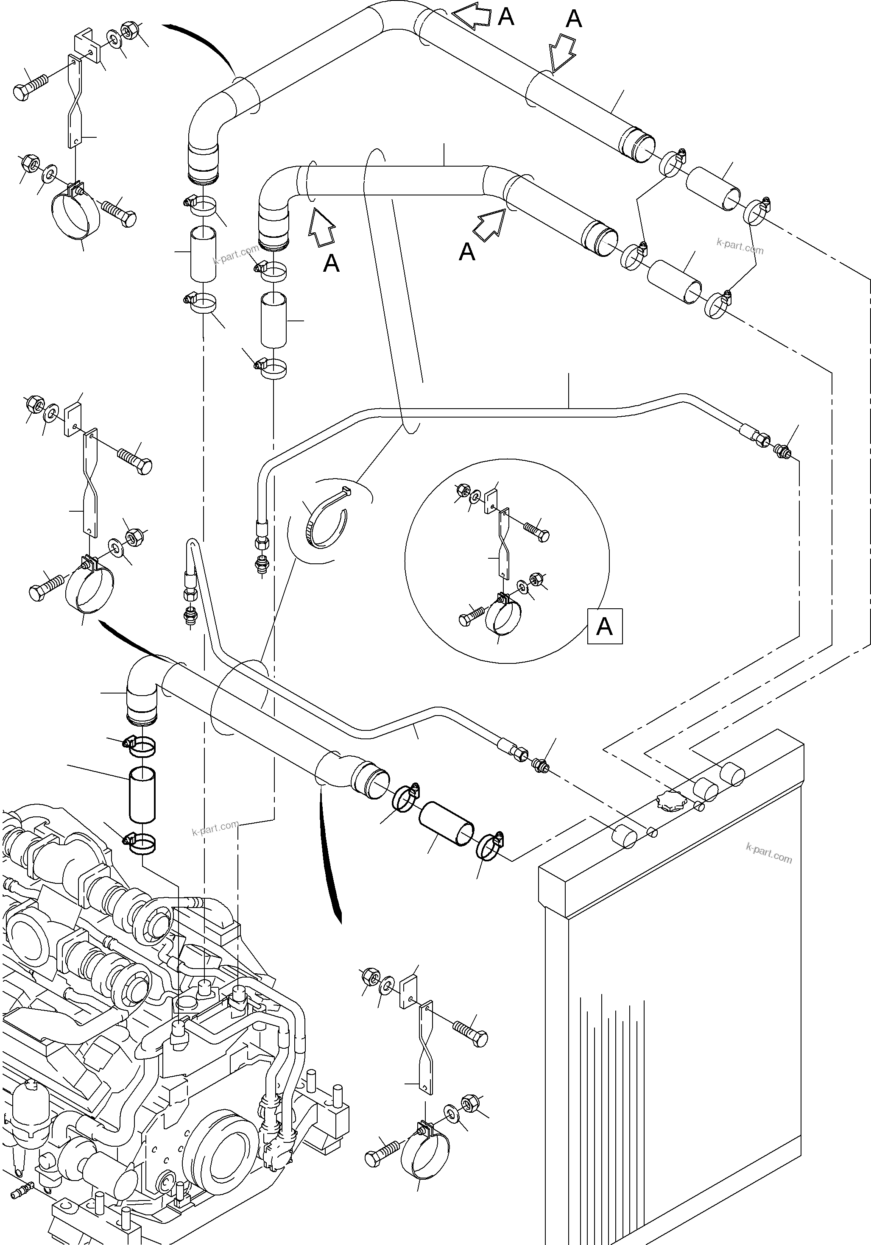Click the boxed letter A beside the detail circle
tap(605, 627)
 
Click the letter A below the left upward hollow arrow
tap(331, 264)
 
